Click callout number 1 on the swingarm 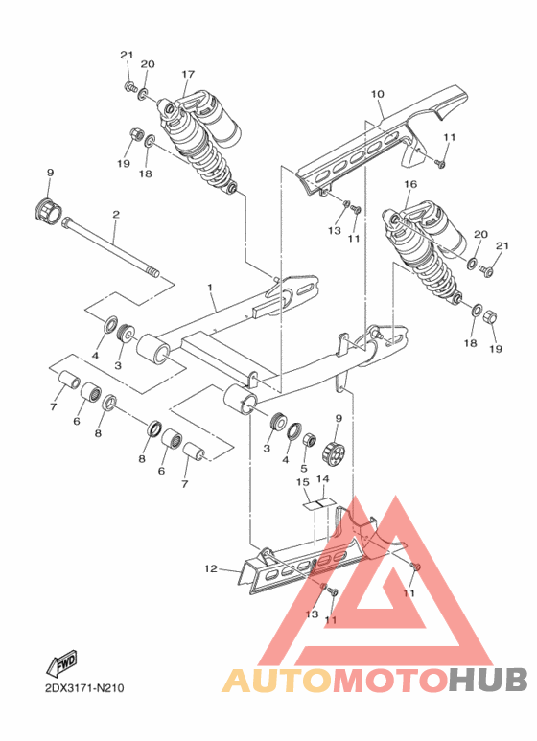(x=210, y=288)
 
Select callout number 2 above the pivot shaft (x=115, y=215)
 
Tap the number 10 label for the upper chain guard (x=377, y=94)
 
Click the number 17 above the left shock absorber (x=188, y=74)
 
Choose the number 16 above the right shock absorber (x=409, y=184)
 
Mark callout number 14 (x=323, y=478)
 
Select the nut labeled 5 (x=310, y=441)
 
